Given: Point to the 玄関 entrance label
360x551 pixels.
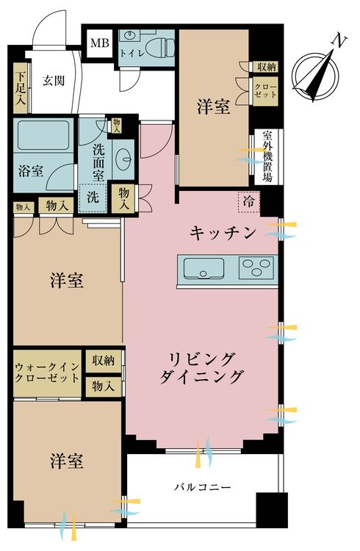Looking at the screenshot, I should click(x=54, y=81).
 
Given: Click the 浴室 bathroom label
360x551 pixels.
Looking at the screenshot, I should click(x=31, y=170).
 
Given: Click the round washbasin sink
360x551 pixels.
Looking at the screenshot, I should click(x=125, y=157).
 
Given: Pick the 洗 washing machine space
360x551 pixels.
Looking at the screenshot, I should click(x=93, y=197).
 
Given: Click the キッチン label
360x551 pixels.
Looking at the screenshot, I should click(x=223, y=233).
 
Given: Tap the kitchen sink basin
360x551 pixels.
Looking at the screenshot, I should click(x=203, y=267).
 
